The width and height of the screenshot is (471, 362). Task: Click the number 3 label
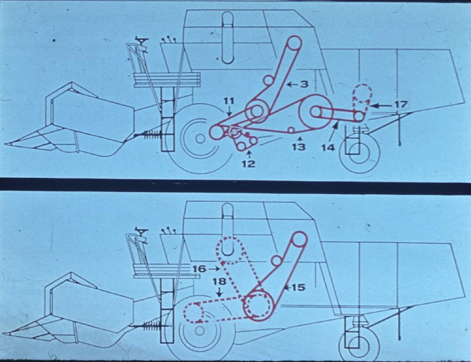point(304,84)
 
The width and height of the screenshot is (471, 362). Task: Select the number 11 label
point(229,101)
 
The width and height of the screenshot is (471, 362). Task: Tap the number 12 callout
point(249,164)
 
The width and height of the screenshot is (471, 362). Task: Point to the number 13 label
point(299,147)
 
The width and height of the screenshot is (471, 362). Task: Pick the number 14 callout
point(328,148)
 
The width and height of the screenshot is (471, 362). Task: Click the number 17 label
point(401,105)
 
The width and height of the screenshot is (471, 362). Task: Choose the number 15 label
point(298,288)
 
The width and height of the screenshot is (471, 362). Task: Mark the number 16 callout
point(199,269)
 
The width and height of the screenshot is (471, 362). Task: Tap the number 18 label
point(219,282)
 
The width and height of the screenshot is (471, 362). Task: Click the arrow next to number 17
point(381,105)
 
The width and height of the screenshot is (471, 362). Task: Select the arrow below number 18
point(219,292)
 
